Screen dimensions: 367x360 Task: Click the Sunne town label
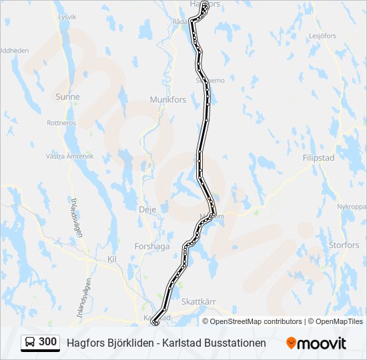tap(67, 97)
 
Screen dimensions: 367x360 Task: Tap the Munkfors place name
tap(165, 99)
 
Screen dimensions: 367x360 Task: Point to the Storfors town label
tap(344, 245)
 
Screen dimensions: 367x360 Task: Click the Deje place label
tap(147, 209)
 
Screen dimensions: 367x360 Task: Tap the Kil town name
tap(111, 258)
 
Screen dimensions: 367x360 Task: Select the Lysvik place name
tap(67, 16)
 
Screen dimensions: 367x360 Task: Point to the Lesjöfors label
tap(322, 36)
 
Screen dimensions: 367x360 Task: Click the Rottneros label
tap(61, 123)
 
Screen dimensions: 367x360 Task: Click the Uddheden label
tap(14, 50)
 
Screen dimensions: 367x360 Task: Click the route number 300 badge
tap(48, 342)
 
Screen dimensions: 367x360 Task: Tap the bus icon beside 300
tap(30, 342)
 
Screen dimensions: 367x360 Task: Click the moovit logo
tap(316, 343)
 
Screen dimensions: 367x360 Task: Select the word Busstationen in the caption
tap(233, 343)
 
